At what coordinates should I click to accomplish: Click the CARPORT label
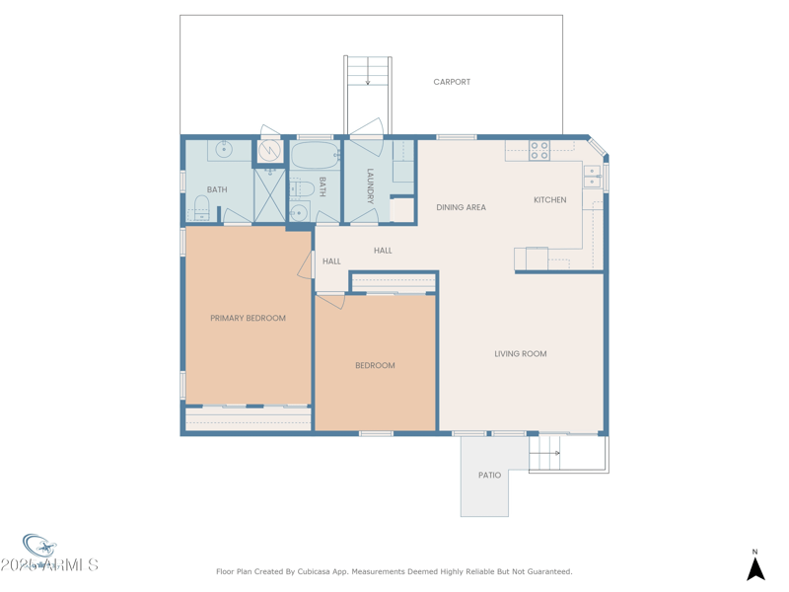pos(452,82)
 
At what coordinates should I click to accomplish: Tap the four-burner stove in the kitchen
pos(539,151)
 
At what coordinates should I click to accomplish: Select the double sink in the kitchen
pos(592,177)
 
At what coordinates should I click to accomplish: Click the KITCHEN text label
pos(550,200)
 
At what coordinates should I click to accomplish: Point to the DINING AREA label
pos(461,207)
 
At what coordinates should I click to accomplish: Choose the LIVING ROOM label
pos(520,353)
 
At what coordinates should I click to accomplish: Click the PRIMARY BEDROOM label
pos(248,318)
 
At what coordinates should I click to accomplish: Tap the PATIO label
pos(489,476)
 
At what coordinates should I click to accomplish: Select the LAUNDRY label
pos(370,186)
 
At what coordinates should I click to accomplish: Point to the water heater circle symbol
pos(269,152)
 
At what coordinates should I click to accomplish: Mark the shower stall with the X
pos(269,195)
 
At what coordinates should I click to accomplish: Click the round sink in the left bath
pos(224,150)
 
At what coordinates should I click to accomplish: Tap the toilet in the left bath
pos(201,207)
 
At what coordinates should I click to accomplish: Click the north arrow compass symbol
pos(755,567)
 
